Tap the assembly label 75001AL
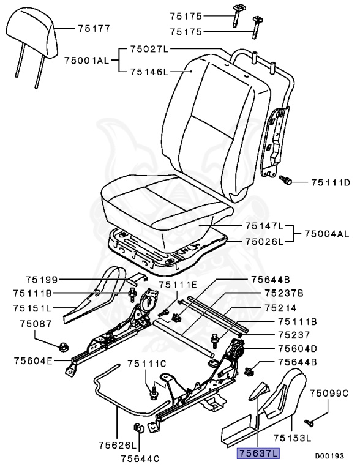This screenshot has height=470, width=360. click(x=86, y=60)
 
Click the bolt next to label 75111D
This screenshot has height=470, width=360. click(x=286, y=181)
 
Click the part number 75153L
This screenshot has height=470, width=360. click(x=293, y=438)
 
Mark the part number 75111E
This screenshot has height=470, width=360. click(x=178, y=285)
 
